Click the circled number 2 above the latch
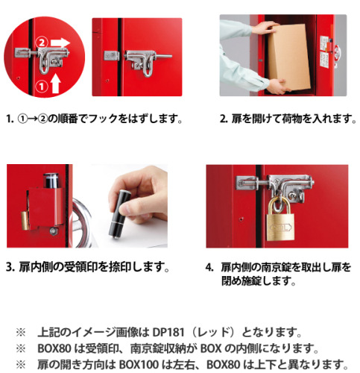pyautogui.click(x=42, y=43)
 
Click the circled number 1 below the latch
pyautogui.click(x=42, y=87)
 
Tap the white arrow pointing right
pyautogui.click(x=60, y=43)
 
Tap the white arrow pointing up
pyautogui.click(x=56, y=84)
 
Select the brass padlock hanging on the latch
pyautogui.click(x=280, y=219)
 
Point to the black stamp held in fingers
pyautogui.click(x=119, y=213)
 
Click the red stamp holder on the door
pyautogui.click(x=45, y=207)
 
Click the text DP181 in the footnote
pyautogui.click(x=168, y=332)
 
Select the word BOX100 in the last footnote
pyautogui.click(x=139, y=365)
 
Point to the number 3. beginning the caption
pyautogui.click(x=10, y=267)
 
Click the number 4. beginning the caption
pyautogui.click(x=209, y=268)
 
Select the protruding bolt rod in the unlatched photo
pyautogui.click(x=163, y=56)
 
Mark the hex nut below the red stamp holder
pyautogui.click(x=53, y=231)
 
